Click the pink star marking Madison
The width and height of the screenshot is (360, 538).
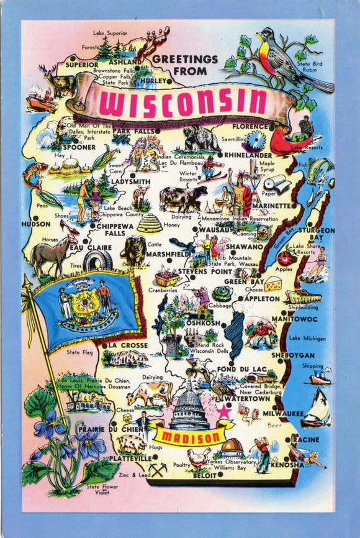pyautogui.click(x=222, y=411)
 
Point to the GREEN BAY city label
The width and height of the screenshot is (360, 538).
pyautogui.click(x=244, y=281)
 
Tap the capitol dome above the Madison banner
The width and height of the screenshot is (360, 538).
pyautogui.click(x=189, y=406)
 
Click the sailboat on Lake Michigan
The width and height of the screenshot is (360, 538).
pyautogui.click(x=317, y=408)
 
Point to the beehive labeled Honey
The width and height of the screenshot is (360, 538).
pyautogui.click(x=149, y=223)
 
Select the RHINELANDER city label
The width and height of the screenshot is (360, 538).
pyautogui.click(x=248, y=155)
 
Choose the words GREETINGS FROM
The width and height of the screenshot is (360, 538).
pyautogui.click(x=185, y=65)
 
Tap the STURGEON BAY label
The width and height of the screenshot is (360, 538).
pyautogui.click(x=317, y=234)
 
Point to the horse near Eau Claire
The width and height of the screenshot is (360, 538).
pyautogui.click(x=53, y=255)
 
